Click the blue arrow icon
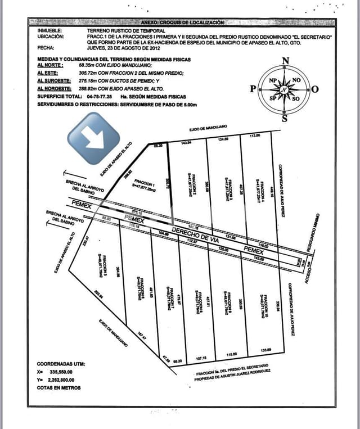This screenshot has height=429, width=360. [93, 138]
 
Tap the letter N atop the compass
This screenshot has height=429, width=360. [285, 61]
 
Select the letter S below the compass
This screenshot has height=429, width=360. [285, 118]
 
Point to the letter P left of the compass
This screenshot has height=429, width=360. [253, 89]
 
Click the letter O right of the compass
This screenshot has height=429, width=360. [315, 89]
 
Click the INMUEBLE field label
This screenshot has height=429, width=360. [51, 30]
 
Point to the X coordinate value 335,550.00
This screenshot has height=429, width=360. [69, 372]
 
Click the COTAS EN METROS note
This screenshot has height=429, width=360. [58, 387]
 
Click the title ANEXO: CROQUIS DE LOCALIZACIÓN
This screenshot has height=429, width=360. [183, 22]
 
